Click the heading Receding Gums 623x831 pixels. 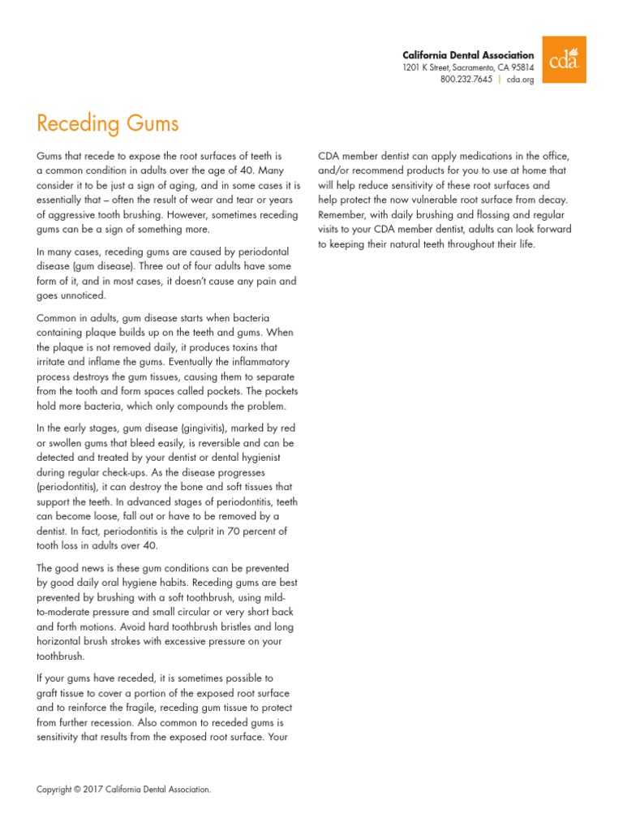tap(108, 123)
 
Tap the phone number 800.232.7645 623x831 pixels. tap(466, 80)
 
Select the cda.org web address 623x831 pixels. tap(521, 80)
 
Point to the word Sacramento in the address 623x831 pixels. tap(463, 67)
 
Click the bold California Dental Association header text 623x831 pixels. tap(468, 54)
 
